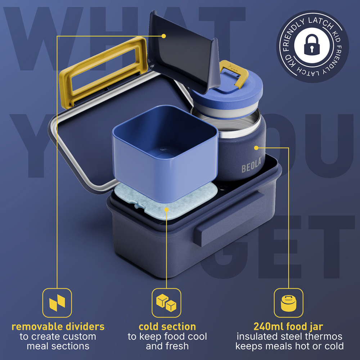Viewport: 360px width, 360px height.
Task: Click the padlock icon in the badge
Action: [x=311, y=45]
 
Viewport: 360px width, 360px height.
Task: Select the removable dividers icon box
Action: [x=57, y=303]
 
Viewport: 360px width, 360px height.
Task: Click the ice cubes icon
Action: [x=166, y=303]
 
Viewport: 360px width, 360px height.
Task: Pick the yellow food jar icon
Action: [x=289, y=303]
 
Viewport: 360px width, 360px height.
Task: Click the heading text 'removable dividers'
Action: [x=58, y=327]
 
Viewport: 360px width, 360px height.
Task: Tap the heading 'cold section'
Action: [x=167, y=327]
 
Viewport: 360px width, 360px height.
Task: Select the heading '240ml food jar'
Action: [x=288, y=327]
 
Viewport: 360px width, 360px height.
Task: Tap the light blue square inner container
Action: [x=165, y=153]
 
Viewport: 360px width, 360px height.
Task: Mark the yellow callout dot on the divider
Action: [x=163, y=36]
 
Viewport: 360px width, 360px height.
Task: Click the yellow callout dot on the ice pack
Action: [x=166, y=210]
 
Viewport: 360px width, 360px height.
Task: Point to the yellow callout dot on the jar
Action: [x=256, y=148]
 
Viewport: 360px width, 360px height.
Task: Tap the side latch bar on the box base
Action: [x=230, y=219]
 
